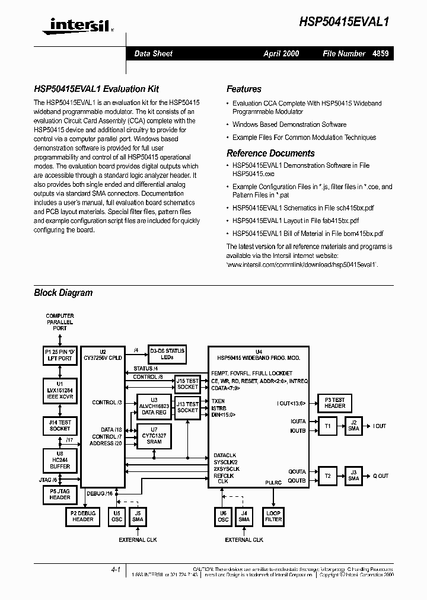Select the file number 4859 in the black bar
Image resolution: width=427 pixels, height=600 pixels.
[x=381, y=53]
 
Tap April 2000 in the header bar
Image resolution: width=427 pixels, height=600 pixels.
[x=281, y=53]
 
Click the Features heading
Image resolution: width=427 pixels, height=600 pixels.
[x=244, y=89]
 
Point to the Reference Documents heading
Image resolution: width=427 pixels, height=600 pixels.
[x=270, y=153]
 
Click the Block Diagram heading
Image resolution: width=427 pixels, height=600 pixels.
[x=63, y=292]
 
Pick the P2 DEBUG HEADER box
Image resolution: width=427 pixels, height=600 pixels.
[x=83, y=516]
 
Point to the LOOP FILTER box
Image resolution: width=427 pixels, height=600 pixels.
[x=273, y=516]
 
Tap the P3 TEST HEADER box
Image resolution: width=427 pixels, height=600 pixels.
[x=334, y=403]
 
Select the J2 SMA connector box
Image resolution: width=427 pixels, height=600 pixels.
[x=353, y=426]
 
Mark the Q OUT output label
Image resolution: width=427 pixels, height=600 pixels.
[x=380, y=476]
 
